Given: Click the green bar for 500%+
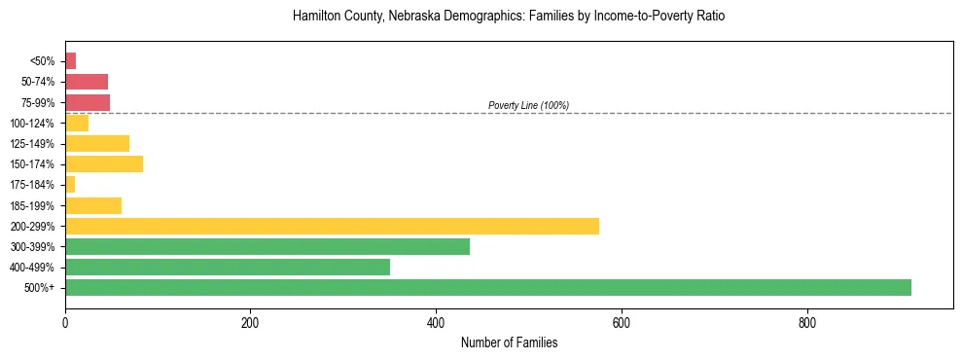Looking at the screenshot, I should (487, 287).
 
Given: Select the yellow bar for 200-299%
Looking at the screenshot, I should (332, 226).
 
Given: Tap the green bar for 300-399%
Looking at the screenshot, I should (267, 246).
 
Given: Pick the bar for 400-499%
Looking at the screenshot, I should (228, 267).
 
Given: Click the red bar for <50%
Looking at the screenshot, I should (70, 61).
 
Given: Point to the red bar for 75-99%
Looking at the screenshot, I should (88, 102).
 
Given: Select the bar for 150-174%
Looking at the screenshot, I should (104, 163).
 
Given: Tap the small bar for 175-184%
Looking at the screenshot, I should (70, 185).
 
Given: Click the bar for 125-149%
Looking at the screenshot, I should (97, 143).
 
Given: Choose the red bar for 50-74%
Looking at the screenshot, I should (87, 82).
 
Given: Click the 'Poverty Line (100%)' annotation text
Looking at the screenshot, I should (528, 105).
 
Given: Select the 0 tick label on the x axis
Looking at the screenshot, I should (65, 323).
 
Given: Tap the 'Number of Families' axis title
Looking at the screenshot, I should (509, 342).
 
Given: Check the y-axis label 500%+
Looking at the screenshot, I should (40, 288).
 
